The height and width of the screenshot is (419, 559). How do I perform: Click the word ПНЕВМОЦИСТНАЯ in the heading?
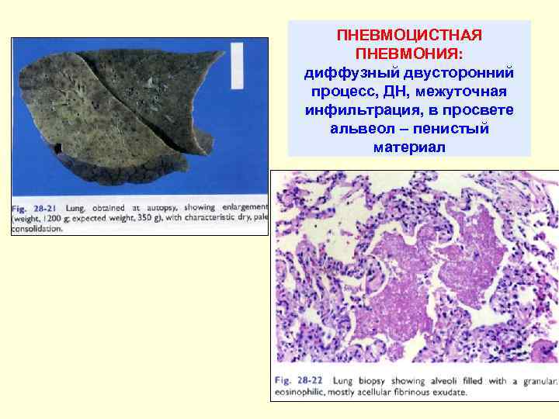409,36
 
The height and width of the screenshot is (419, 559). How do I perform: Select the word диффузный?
346,73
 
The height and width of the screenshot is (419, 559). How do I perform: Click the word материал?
409,147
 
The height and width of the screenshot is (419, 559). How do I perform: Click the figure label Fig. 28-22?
300,381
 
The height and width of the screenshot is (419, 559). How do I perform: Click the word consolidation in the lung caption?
36,230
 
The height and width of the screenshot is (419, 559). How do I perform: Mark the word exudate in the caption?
446,393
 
